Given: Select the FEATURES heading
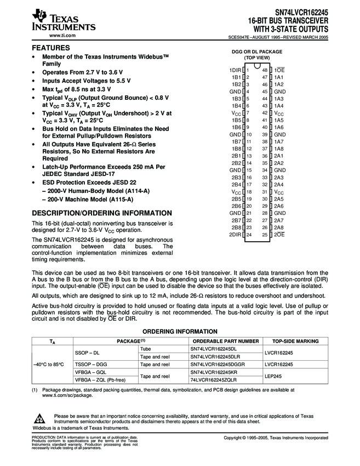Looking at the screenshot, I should (x=51, y=48).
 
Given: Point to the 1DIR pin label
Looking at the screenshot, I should (x=235, y=70).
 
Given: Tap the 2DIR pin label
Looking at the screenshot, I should (x=235, y=235).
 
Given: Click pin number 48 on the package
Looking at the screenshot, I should (x=265, y=70).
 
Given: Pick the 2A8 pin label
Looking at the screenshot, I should (x=279, y=228).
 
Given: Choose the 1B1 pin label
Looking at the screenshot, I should (x=236, y=77).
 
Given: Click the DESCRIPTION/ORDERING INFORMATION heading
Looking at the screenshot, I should (x=102, y=213).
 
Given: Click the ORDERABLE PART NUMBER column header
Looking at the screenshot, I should (x=224, y=341).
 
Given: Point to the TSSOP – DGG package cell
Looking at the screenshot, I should (x=91, y=364).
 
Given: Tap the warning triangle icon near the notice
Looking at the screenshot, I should (x=41, y=417).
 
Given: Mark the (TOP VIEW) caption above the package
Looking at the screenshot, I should (x=257, y=57).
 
